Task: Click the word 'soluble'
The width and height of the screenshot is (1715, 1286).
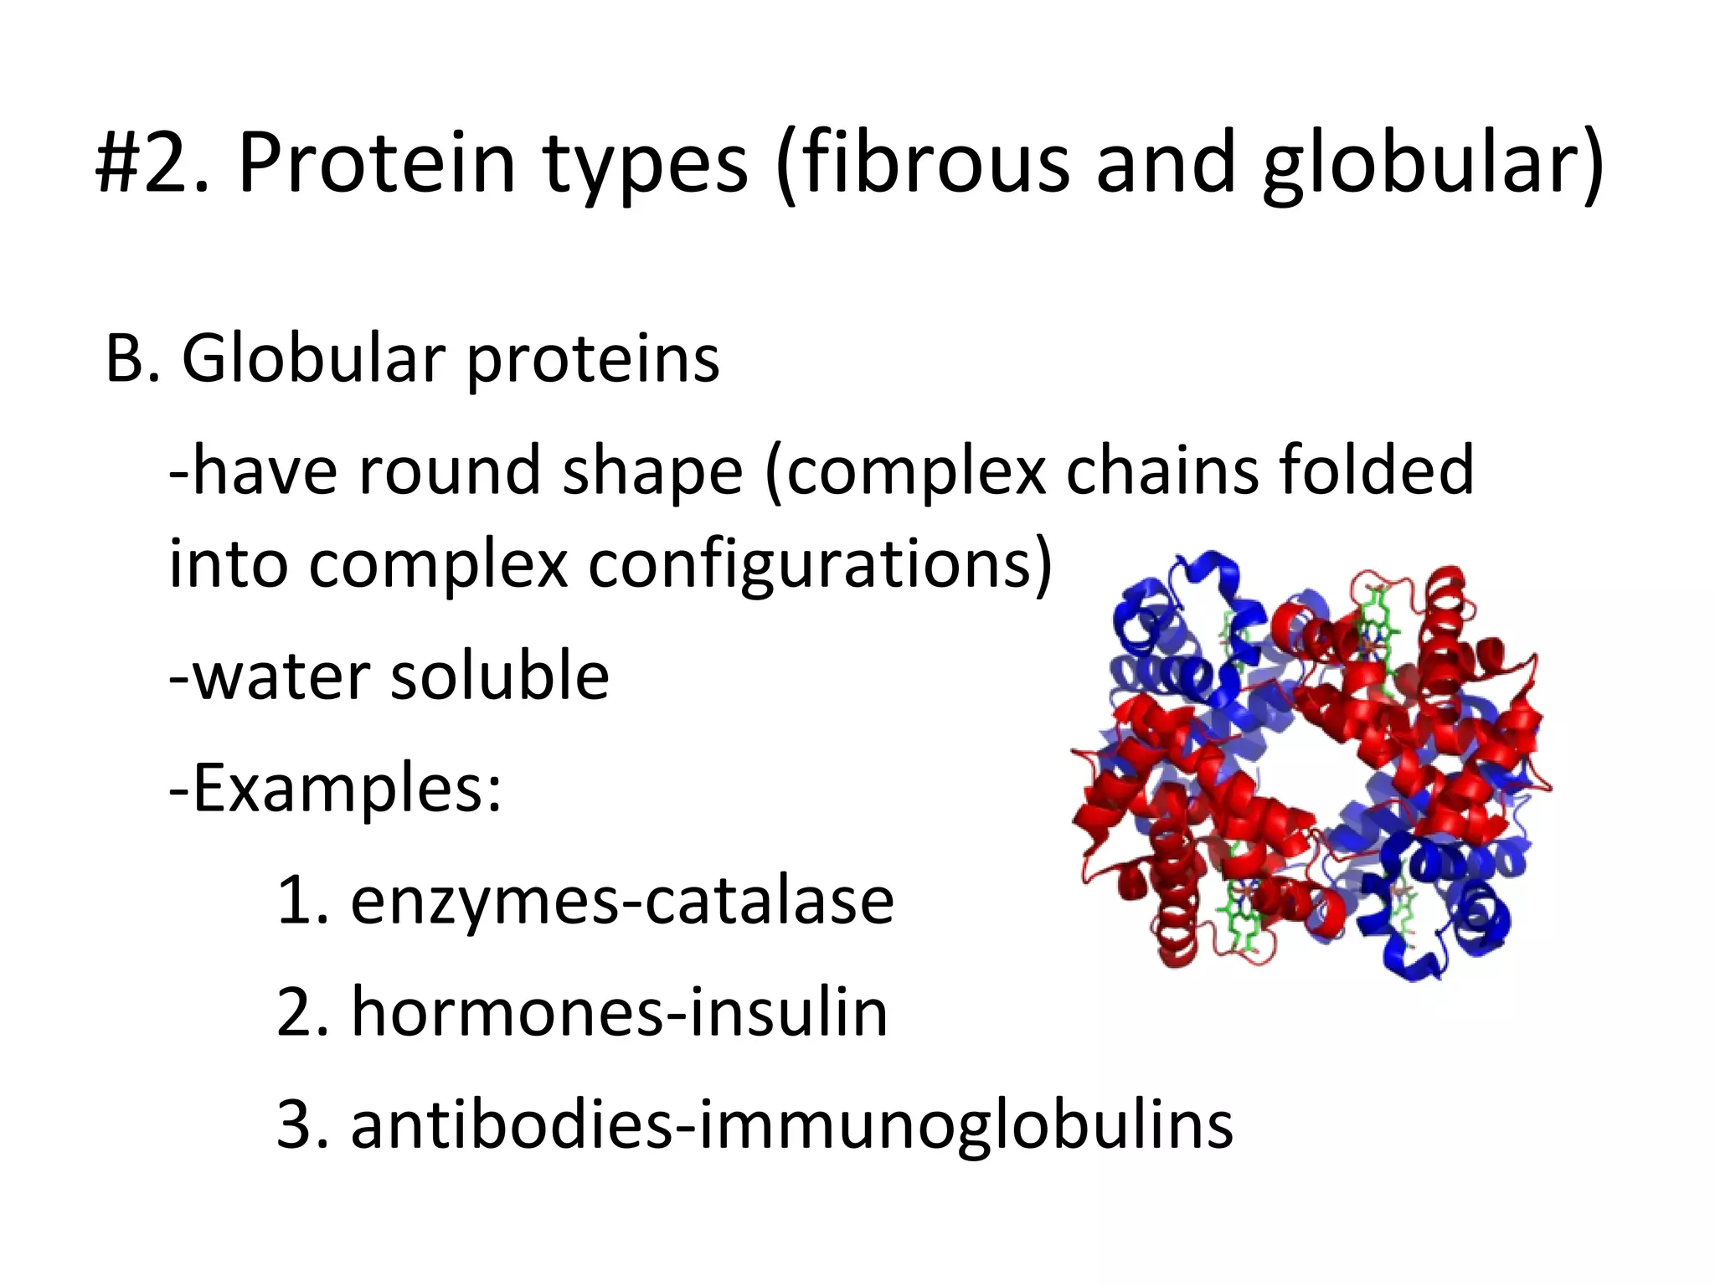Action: pos(499,675)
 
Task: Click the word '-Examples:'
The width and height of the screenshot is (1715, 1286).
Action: pos(335,789)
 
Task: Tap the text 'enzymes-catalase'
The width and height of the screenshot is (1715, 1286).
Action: pos(621,901)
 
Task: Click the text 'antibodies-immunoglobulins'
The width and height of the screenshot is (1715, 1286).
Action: pos(791,1125)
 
